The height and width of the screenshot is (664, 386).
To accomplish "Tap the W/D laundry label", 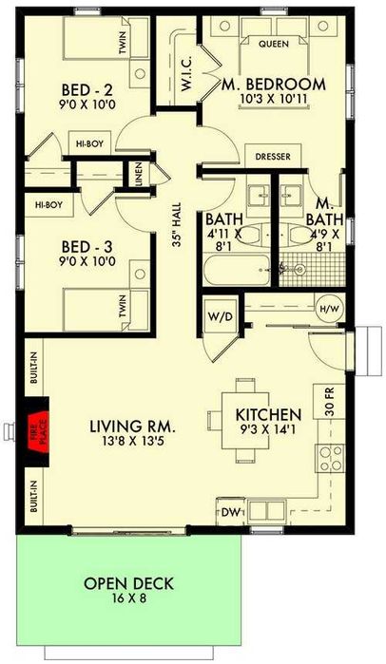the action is pos(221,317).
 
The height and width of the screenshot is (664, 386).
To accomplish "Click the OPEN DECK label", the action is pos(128,583).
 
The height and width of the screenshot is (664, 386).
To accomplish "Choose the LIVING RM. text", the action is pos(132,427).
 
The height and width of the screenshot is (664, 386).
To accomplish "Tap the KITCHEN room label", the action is pos(268,414).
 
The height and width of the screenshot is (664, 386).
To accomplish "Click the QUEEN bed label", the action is pos(273,44).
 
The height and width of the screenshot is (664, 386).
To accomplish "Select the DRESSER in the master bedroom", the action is pos(273,157).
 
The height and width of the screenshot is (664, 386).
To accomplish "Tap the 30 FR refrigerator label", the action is pos(330,401).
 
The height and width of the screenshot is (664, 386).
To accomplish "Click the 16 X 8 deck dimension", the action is pos(128,599).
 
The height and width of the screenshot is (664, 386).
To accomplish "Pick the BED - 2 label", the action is pos(87,90).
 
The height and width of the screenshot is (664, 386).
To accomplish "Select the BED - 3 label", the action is pos(87,247).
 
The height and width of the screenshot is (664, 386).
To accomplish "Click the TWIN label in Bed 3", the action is pos(123,307).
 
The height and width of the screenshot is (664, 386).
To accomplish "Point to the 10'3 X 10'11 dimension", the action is pos(273,99).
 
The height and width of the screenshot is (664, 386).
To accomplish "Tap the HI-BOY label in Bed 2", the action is pos(89,144).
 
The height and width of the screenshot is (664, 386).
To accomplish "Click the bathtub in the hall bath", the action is pos(237,270).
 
